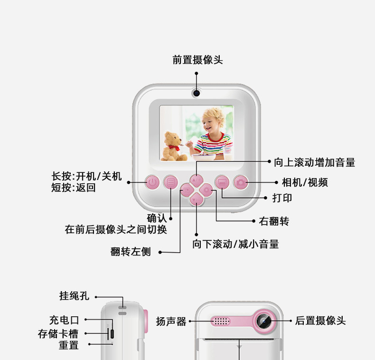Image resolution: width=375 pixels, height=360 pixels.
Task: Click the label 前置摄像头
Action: pyautogui.click(x=197, y=60)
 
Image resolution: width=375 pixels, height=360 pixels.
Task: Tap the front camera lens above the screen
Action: pyautogui.click(x=196, y=93)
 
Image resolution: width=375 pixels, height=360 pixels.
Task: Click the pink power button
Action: pyautogui.click(x=152, y=182)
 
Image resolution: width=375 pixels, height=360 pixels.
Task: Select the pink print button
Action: pyautogui.click(x=222, y=182)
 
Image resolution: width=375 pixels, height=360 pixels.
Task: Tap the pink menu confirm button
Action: pyautogui.click(x=170, y=182)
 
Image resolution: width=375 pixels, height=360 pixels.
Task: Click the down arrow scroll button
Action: pyautogui.click(x=197, y=199)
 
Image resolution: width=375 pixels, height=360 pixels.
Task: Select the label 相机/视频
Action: pyautogui.click(x=304, y=182)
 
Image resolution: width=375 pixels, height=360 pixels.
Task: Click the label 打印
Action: pyautogui.click(x=282, y=198)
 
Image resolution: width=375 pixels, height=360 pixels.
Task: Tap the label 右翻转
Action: pyautogui.click(x=274, y=221)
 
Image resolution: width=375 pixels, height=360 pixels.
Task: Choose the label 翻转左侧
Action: pyautogui.click(x=131, y=252)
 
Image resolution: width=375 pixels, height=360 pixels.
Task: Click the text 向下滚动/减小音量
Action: pyautogui.click(x=235, y=244)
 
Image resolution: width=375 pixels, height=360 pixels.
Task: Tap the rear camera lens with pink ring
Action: pyautogui.click(x=264, y=321)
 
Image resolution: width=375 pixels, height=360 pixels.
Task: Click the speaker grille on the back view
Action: pyautogui.click(x=221, y=321)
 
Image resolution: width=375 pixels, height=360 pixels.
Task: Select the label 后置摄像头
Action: pyautogui.click(x=320, y=321)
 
